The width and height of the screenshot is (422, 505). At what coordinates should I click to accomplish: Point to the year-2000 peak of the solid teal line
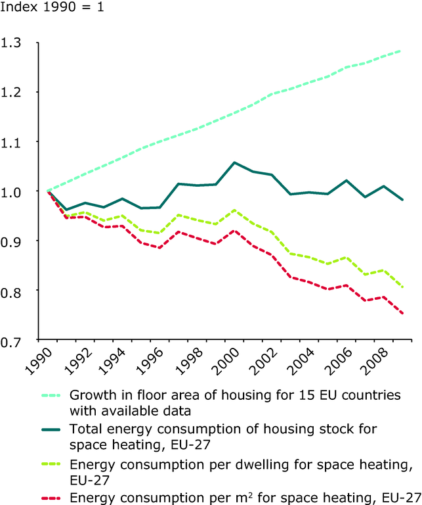pyautogui.click(x=235, y=162)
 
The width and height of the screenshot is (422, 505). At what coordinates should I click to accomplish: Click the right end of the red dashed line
pyautogui.click(x=402, y=314)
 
